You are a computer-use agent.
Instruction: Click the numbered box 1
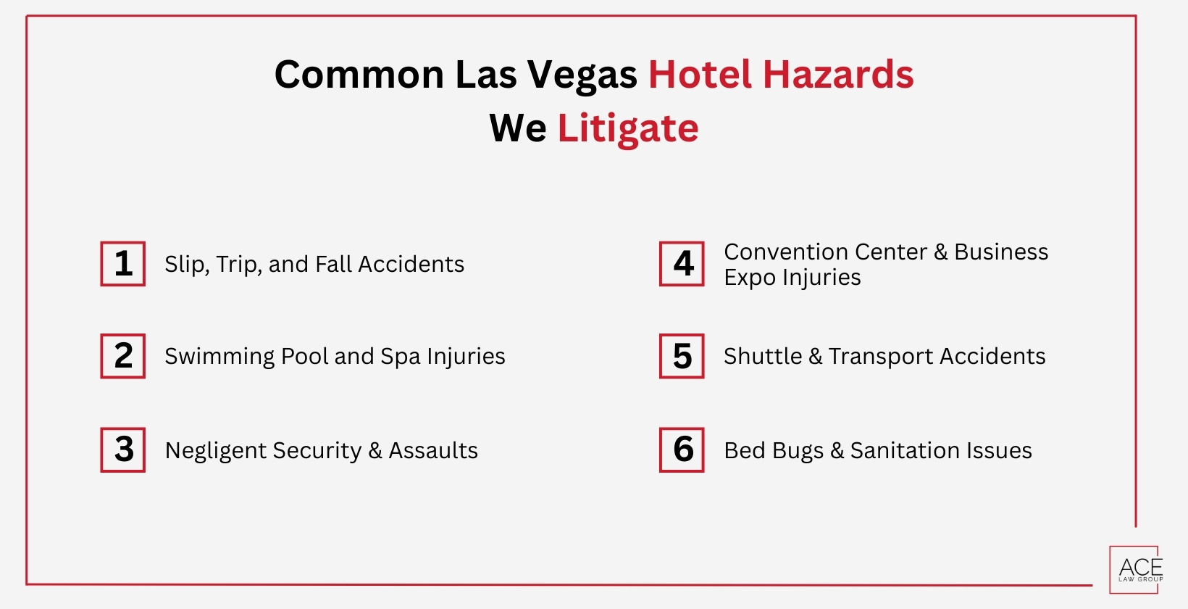point(123,264)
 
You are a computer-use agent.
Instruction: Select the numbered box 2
point(123,356)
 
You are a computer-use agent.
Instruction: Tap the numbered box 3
point(123,449)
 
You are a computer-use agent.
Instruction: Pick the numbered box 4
point(682,264)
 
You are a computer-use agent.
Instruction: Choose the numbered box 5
point(682,356)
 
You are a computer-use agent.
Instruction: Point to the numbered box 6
point(682,449)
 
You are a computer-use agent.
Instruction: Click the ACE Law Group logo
point(1135,570)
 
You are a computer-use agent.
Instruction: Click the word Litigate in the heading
point(627,128)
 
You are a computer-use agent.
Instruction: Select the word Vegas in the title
point(582,75)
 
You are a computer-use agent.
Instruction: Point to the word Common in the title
point(359,75)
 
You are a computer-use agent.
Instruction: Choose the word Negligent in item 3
point(214,451)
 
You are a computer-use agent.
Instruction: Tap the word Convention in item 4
point(776,252)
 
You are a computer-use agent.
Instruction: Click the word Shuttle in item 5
point(762,356)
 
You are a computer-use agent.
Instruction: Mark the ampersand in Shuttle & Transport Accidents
point(816,356)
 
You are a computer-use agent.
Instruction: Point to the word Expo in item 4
point(749,278)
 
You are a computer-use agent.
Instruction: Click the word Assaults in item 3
point(433,450)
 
